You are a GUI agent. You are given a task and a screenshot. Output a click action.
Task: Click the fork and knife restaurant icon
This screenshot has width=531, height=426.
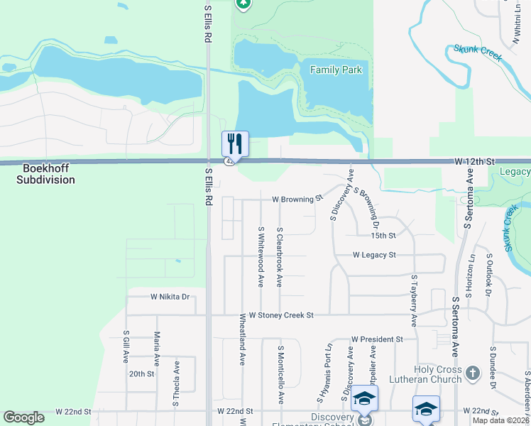point(235,143)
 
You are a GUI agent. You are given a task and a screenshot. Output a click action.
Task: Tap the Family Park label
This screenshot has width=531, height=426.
point(336,70)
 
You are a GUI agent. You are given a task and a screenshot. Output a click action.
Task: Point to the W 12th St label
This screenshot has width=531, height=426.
point(473,162)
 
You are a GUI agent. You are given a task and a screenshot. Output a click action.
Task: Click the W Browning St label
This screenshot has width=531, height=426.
point(297,200)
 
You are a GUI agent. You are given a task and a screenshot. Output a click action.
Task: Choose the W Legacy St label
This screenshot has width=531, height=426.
point(374,254)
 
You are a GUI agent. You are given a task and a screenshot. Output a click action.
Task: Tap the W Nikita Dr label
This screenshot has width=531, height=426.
point(170,297)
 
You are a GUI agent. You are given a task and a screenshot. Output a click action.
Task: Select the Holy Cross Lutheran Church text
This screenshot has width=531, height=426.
point(439,374)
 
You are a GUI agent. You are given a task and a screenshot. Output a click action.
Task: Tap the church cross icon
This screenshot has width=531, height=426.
point(473,371)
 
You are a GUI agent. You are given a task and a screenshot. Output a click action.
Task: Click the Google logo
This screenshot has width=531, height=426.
point(23,417)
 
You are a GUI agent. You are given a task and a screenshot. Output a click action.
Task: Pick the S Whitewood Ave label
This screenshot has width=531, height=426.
point(261,256)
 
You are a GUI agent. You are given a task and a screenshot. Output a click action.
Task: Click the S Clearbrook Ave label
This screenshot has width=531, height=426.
point(280,257)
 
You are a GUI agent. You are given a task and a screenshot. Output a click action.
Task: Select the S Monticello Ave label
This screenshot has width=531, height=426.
point(280,375)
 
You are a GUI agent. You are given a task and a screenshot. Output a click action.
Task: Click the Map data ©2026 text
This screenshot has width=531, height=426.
point(500,420)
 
